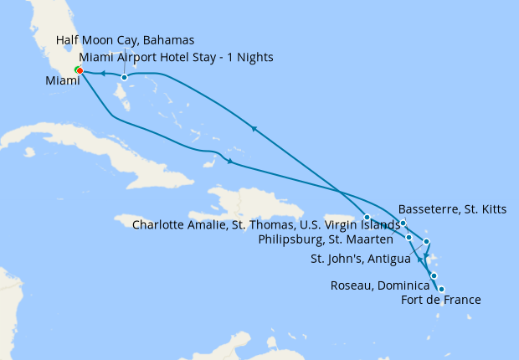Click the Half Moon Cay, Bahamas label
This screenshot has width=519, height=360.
[125, 41]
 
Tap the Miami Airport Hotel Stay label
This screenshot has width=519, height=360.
[175, 57]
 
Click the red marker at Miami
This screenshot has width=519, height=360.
[80, 70]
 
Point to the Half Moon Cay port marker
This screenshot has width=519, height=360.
[124, 78]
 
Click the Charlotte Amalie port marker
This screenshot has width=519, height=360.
[367, 218]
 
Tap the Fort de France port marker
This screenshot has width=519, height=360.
[434, 275]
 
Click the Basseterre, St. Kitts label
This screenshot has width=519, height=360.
[453, 208]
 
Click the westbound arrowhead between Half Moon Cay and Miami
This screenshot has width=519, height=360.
[102, 74]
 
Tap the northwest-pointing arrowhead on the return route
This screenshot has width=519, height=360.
[252, 128]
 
